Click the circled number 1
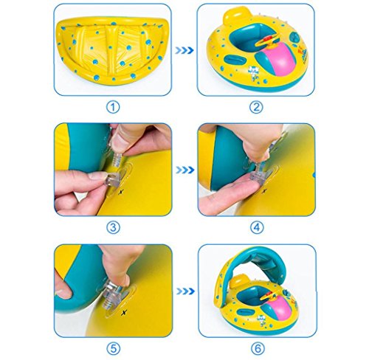[x=113, y=107]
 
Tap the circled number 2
[x=256, y=107]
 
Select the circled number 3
[x=113, y=227]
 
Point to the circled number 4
[x=257, y=227]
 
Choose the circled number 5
[x=114, y=348]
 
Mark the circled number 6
[x=258, y=348]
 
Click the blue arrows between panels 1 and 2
[x=184, y=50]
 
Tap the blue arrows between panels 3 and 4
[x=185, y=170]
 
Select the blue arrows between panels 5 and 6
[x=186, y=291]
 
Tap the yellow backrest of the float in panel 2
[x=234, y=15]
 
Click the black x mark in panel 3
[x=120, y=192]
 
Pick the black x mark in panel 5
[x=125, y=312]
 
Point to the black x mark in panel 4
[x=264, y=190]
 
